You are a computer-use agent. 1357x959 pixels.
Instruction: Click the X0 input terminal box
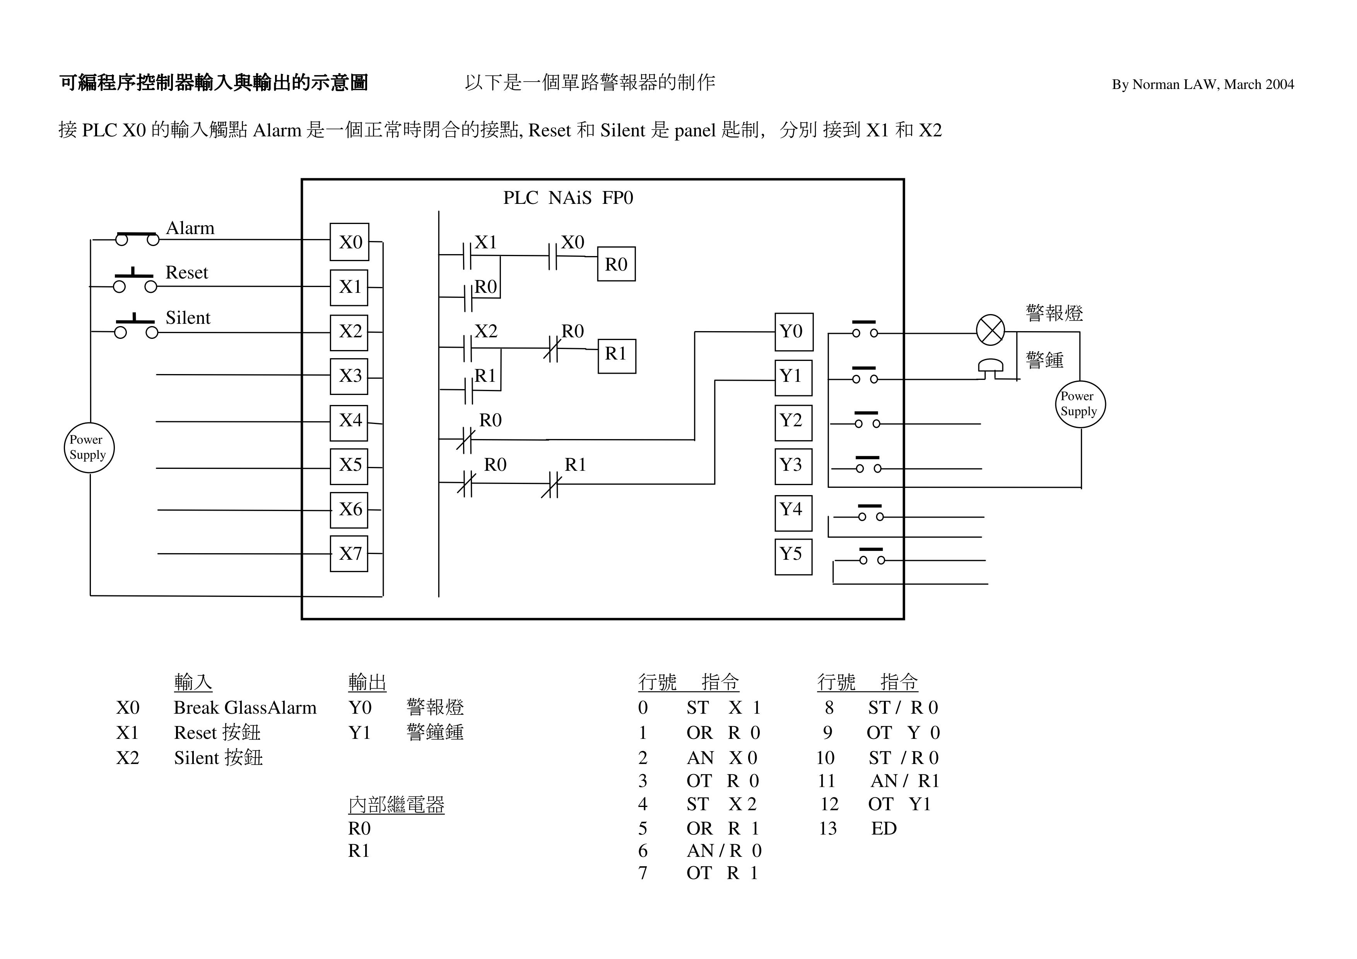pos(349,242)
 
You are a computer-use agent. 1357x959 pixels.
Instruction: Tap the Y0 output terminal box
pos(794,332)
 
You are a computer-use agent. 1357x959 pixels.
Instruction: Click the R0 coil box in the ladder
pos(616,264)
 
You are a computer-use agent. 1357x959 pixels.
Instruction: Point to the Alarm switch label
pos(190,228)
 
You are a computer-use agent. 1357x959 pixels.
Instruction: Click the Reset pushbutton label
pos(187,272)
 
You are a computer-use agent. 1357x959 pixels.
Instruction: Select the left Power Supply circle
pos(89,447)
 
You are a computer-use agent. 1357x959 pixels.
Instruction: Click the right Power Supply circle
pos(1080,404)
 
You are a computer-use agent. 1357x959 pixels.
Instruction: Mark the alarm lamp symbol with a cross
pos(990,330)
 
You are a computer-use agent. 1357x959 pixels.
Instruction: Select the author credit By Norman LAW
pos(1202,84)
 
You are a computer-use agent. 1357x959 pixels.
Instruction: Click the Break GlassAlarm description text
pos(245,707)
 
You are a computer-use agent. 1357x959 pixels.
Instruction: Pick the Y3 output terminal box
pos(793,466)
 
